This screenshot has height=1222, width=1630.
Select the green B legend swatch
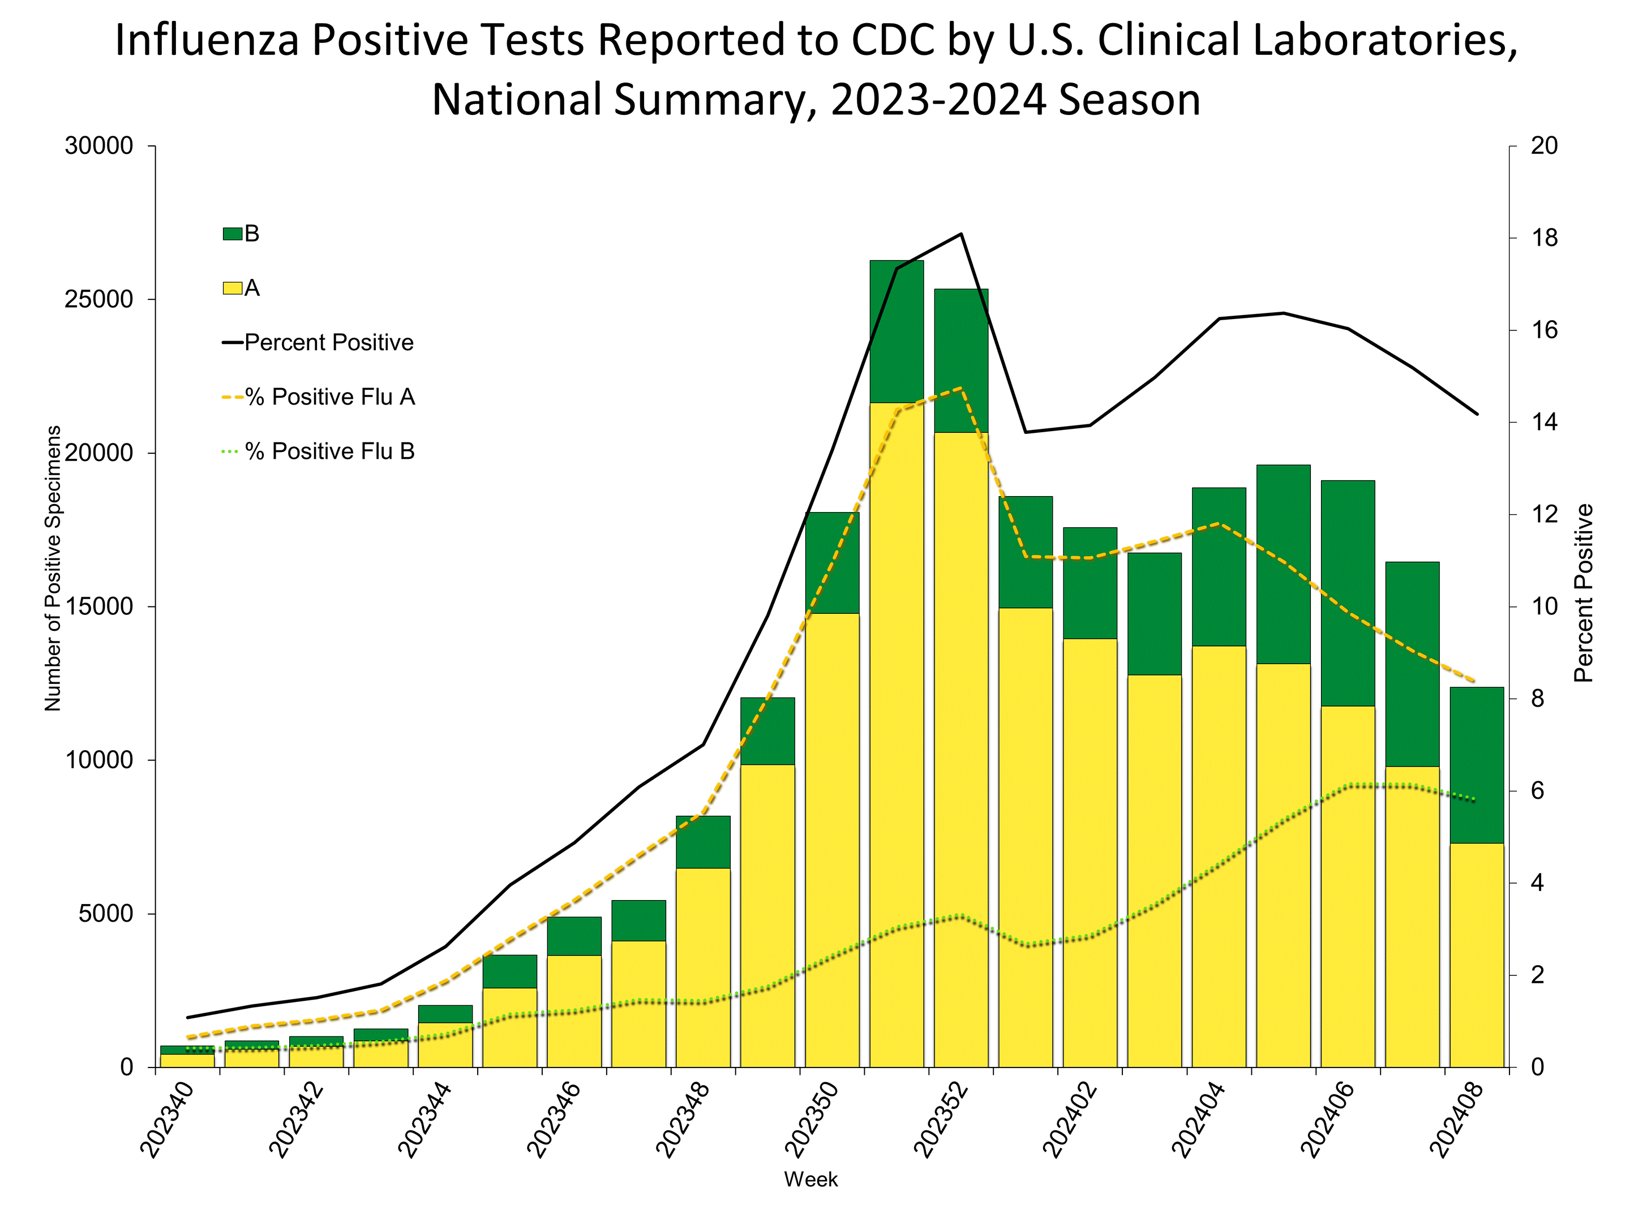[x=232, y=234]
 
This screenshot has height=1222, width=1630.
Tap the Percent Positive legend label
[x=329, y=342]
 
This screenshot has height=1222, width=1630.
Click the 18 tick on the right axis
[x=1544, y=238]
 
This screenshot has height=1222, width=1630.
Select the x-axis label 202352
[x=940, y=1120]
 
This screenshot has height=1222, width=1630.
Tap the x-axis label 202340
[x=166, y=1120]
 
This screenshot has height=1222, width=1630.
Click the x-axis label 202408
[x=1455, y=1120]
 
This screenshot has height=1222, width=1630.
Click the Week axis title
[x=810, y=1179]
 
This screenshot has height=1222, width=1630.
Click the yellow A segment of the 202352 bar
[x=961, y=737]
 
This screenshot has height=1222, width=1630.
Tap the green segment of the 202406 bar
[x=1348, y=593]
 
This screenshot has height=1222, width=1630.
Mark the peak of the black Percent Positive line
[x=962, y=234]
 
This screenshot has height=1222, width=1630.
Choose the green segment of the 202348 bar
[x=703, y=842]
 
